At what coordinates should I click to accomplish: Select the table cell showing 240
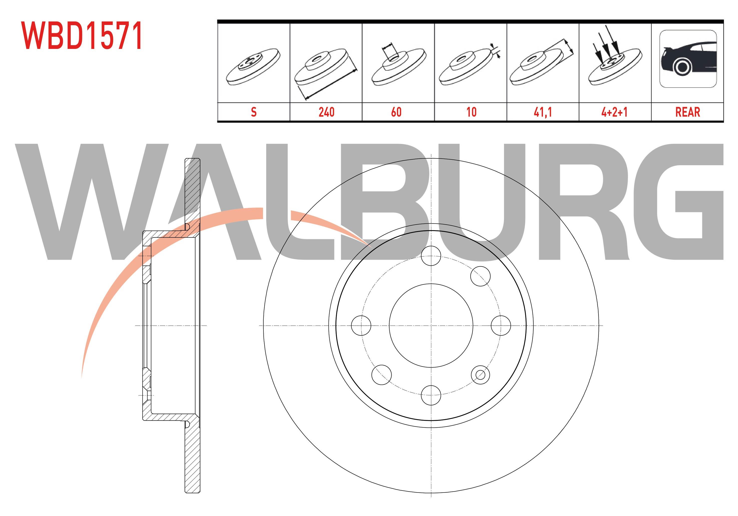(x=326, y=112)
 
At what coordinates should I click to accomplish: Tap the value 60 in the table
(x=396, y=112)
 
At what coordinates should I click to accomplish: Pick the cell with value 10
(x=471, y=112)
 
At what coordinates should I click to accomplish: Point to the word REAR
(x=688, y=112)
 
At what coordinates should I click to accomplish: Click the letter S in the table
(x=253, y=112)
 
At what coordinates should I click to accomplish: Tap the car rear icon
(x=688, y=59)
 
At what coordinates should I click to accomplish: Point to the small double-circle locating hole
(x=480, y=374)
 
